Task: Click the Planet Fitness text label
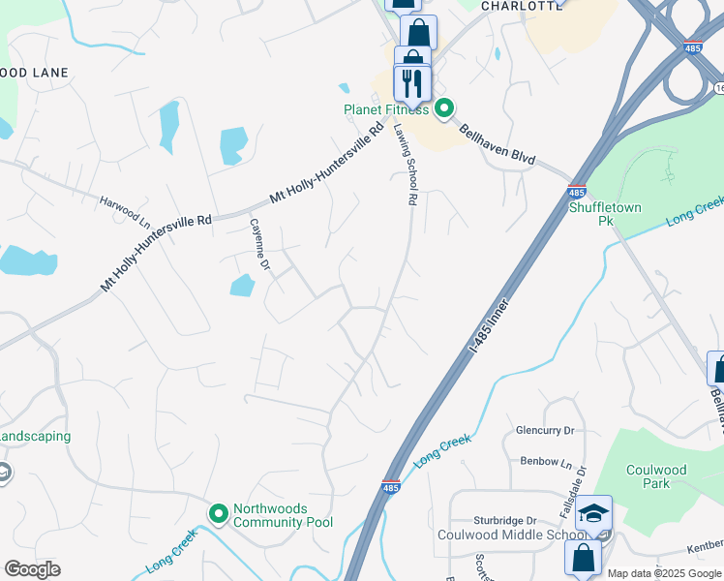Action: coord(386,109)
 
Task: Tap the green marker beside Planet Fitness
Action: coord(444,108)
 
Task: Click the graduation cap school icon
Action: coord(594,513)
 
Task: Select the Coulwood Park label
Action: coord(655,476)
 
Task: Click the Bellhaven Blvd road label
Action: coord(498,145)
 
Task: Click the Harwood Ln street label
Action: coord(126,207)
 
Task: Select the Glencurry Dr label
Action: coord(545,430)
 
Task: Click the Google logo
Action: coord(32,569)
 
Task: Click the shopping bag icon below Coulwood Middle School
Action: coord(583,557)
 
